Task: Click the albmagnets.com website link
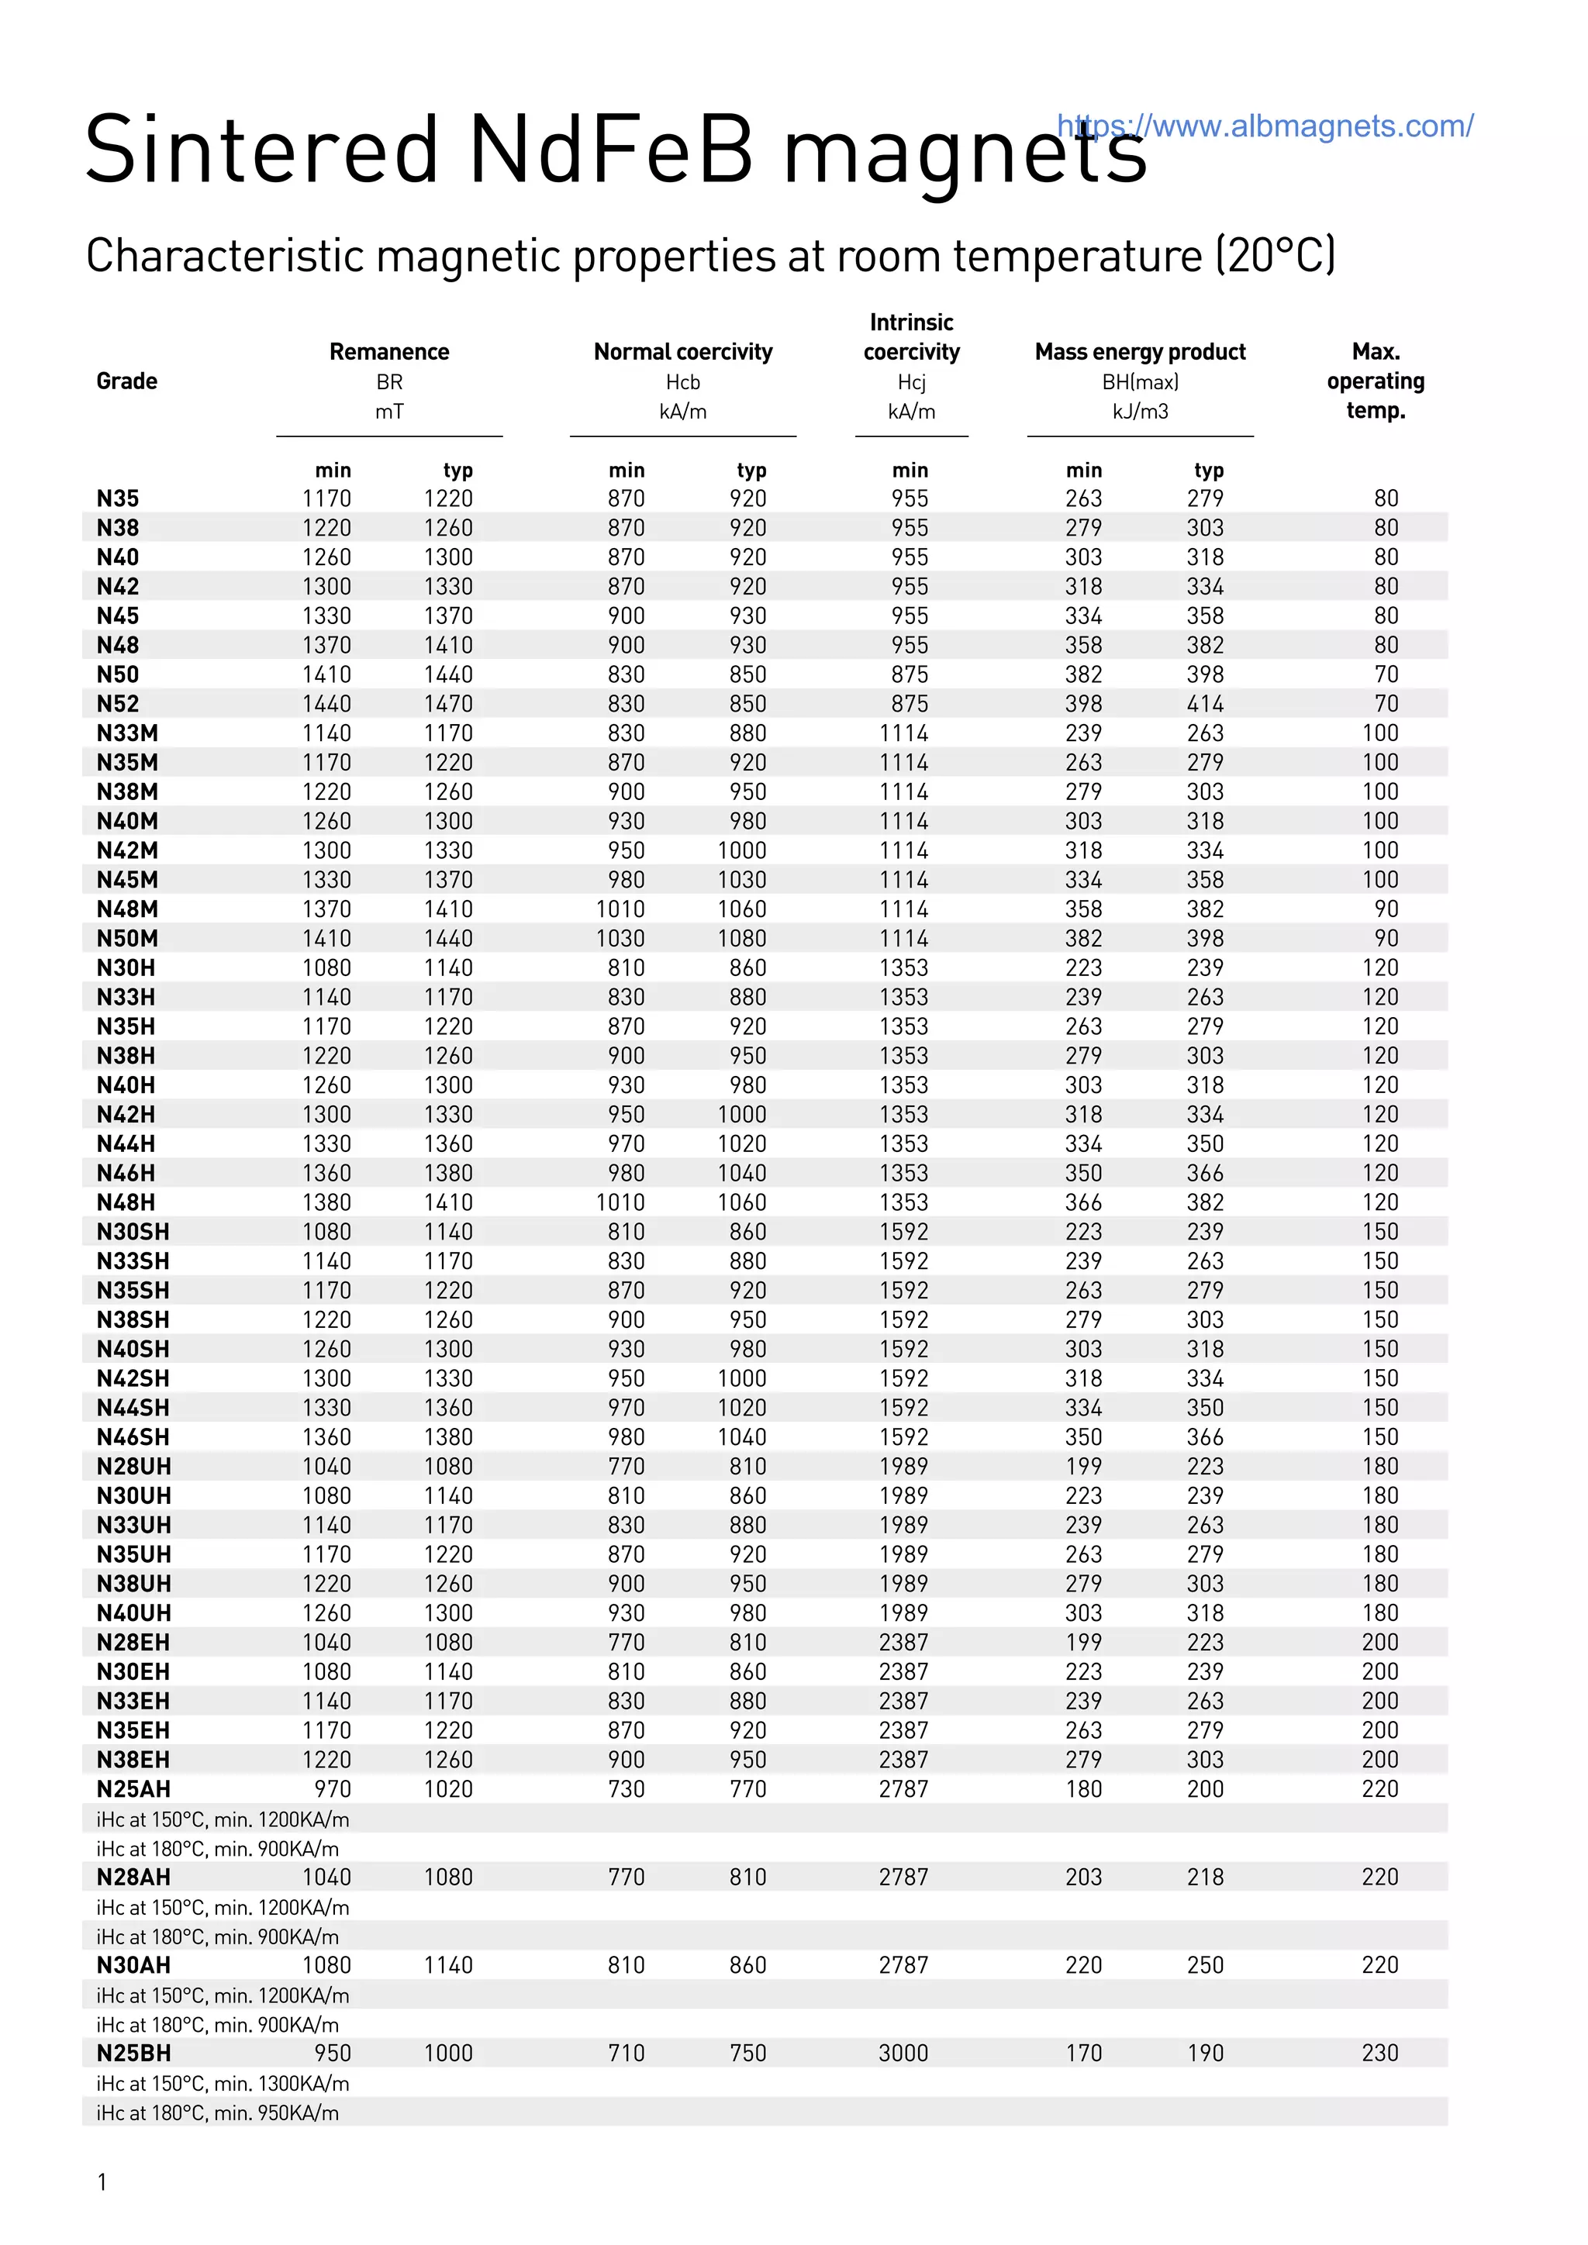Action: [x=1265, y=126]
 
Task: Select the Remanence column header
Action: [x=389, y=352]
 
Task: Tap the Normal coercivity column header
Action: [x=682, y=352]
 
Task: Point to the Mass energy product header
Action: [x=1140, y=352]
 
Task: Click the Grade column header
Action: [x=126, y=381]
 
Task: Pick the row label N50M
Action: [x=127, y=939]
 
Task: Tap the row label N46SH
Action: [x=133, y=1437]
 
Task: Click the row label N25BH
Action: [x=133, y=2054]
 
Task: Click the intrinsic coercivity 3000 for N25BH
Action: [x=903, y=2054]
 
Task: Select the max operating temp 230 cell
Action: [x=1379, y=2054]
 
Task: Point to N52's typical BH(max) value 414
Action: [x=1205, y=704]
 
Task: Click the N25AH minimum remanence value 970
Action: [x=333, y=1789]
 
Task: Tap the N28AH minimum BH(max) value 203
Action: [x=1083, y=1878]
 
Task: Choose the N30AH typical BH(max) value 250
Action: [x=1205, y=1965]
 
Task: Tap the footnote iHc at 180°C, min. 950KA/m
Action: [x=217, y=2113]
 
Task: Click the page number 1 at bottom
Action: [x=102, y=2182]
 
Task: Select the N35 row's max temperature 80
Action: [x=1386, y=498]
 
